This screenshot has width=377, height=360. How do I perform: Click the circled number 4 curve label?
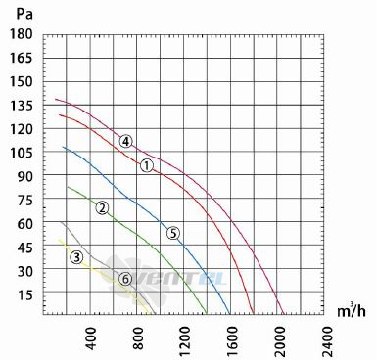tap(125, 141)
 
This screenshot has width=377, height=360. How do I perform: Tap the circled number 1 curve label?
tap(147, 166)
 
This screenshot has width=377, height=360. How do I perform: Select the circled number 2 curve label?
tap(102, 207)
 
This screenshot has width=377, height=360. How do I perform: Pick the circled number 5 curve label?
tap(173, 233)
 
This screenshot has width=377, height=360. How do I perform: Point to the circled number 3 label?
tap(76, 257)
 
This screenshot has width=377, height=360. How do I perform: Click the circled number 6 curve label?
tap(125, 279)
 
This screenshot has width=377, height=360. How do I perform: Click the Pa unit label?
tap(24, 14)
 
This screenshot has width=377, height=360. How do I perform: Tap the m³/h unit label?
tap(352, 311)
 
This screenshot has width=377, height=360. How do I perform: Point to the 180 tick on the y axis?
tap(22, 34)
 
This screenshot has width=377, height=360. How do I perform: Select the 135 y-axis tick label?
tap(22, 106)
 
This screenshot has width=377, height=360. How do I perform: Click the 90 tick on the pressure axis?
tap(25, 176)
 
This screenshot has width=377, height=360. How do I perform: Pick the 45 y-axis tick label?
tap(25, 248)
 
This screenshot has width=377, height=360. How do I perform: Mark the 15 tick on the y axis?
tap(25, 295)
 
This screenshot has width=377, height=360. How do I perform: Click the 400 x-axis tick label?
tap(91, 338)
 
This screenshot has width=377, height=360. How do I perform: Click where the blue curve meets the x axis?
tap(230, 314)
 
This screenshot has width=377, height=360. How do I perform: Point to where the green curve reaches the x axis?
tap(207, 314)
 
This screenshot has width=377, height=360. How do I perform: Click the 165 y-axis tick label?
tap(22, 58)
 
